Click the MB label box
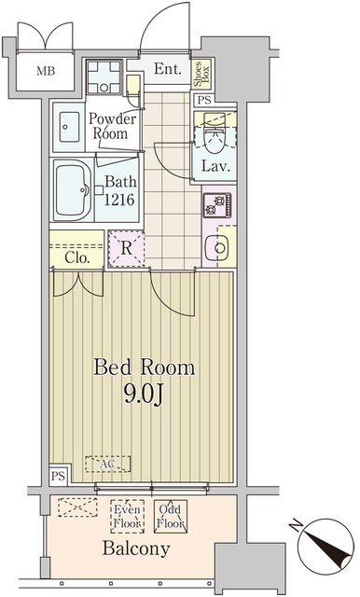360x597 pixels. [x=45, y=70]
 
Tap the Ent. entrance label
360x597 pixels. [x=168, y=69]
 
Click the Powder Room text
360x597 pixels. [x=113, y=125]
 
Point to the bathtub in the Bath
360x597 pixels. [x=71, y=190]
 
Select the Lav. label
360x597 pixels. [x=215, y=169]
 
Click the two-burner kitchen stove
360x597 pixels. [x=217, y=205]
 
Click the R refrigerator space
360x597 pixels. [x=125, y=248]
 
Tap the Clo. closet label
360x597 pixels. [x=76, y=257]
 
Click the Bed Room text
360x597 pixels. [x=144, y=367]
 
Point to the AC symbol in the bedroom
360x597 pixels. [x=108, y=463]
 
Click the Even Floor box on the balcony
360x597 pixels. [x=128, y=516]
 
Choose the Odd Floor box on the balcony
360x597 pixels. [x=171, y=516]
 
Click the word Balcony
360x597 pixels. [x=136, y=548]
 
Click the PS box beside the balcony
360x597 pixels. [x=57, y=476]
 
